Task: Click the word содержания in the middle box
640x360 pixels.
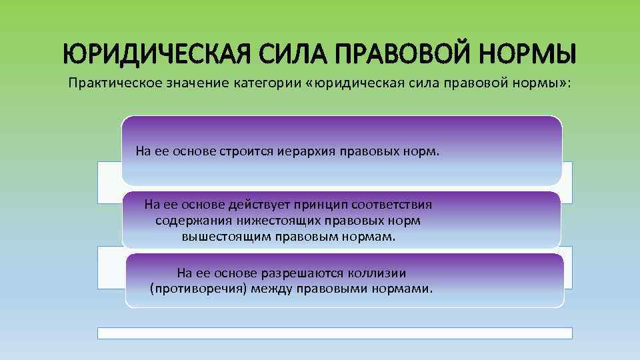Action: point(186,220)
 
